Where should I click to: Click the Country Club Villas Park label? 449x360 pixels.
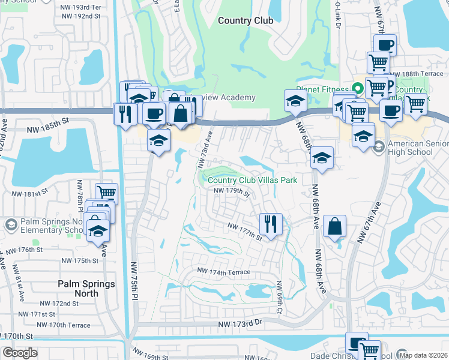(x=252, y=179)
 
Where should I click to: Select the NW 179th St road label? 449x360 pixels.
(x=232, y=191)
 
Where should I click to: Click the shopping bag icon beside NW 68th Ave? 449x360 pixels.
(x=335, y=226)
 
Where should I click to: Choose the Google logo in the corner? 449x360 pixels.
(x=20, y=353)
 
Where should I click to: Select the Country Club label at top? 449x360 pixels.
(x=246, y=20)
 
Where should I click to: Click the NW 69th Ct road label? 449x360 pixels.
(x=279, y=298)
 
